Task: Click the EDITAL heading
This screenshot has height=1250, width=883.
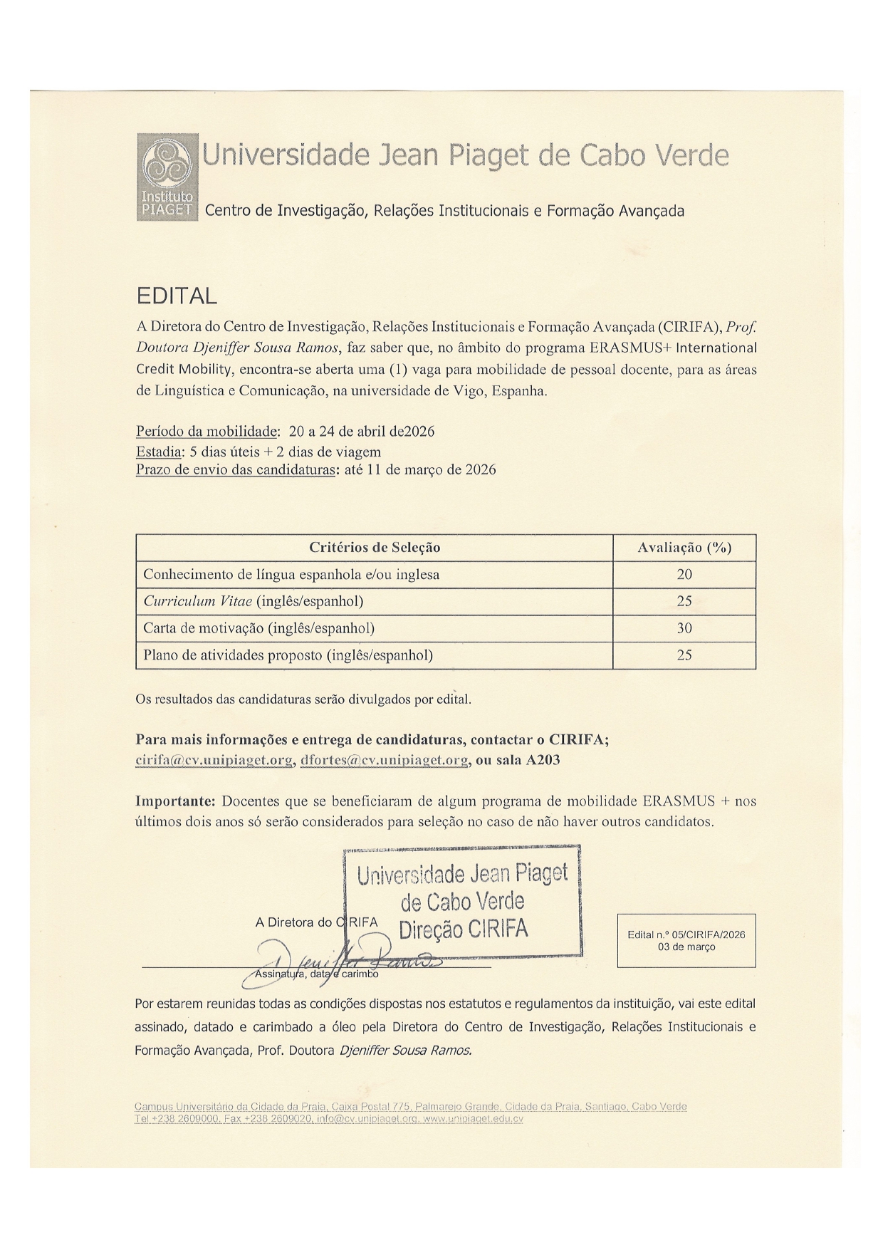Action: [x=176, y=296]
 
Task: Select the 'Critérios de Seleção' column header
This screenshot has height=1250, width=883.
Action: [x=375, y=548]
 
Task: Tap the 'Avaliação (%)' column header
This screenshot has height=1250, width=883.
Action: [x=684, y=548]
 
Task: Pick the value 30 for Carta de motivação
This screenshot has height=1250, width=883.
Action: [x=684, y=628]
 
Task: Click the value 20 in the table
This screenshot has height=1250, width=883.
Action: [x=684, y=574]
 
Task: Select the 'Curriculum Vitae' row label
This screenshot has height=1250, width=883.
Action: [x=254, y=601]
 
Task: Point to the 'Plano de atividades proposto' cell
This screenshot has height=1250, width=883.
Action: [x=288, y=655]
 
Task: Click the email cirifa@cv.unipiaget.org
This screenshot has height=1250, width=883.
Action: [x=214, y=760]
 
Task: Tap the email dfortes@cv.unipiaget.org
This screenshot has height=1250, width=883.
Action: [x=385, y=760]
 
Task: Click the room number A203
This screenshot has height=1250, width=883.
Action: [x=543, y=760]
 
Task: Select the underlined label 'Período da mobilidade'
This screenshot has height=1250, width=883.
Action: [x=207, y=432]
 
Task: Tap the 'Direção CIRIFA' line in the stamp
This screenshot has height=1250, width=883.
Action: [x=463, y=929]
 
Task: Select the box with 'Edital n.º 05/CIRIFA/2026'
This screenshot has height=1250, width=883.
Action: [x=686, y=940]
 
